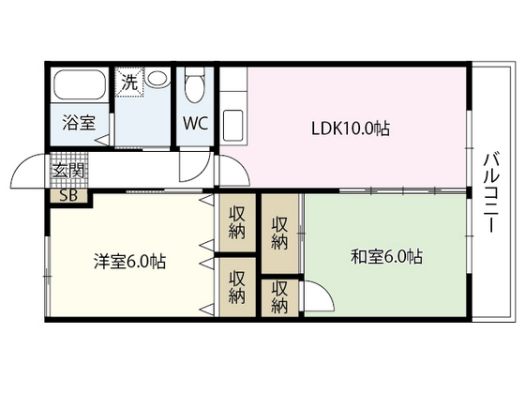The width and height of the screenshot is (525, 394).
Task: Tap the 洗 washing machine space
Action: click(127, 81)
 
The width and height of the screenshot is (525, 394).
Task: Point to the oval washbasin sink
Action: click(157, 80)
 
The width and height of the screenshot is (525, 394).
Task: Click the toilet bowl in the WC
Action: click(195, 87)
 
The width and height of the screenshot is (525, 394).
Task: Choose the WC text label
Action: click(195, 124)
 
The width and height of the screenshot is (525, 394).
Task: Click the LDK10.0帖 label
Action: click(351, 129)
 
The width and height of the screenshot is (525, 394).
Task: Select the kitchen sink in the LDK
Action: click(232, 124)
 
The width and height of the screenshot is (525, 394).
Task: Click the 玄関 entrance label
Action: click(67, 172)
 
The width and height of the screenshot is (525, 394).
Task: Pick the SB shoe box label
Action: click(68, 196)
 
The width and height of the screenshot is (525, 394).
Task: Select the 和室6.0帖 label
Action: click(385, 256)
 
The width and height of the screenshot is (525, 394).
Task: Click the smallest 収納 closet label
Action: click(279, 297)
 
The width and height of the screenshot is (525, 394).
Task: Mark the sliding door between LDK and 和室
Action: click(384, 190)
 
